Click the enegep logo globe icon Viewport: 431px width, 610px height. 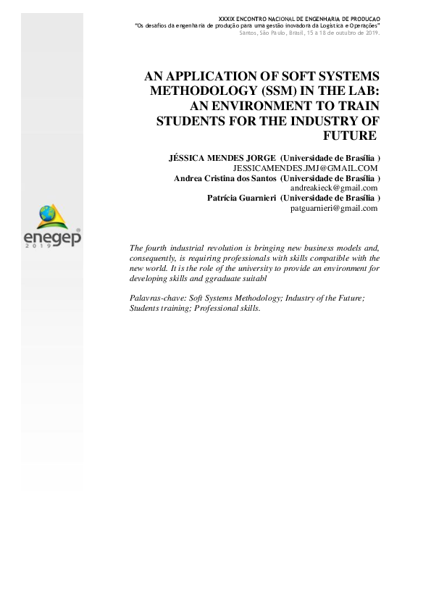45,214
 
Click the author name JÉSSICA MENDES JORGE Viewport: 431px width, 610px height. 222,157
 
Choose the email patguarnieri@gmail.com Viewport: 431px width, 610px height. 333,208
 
